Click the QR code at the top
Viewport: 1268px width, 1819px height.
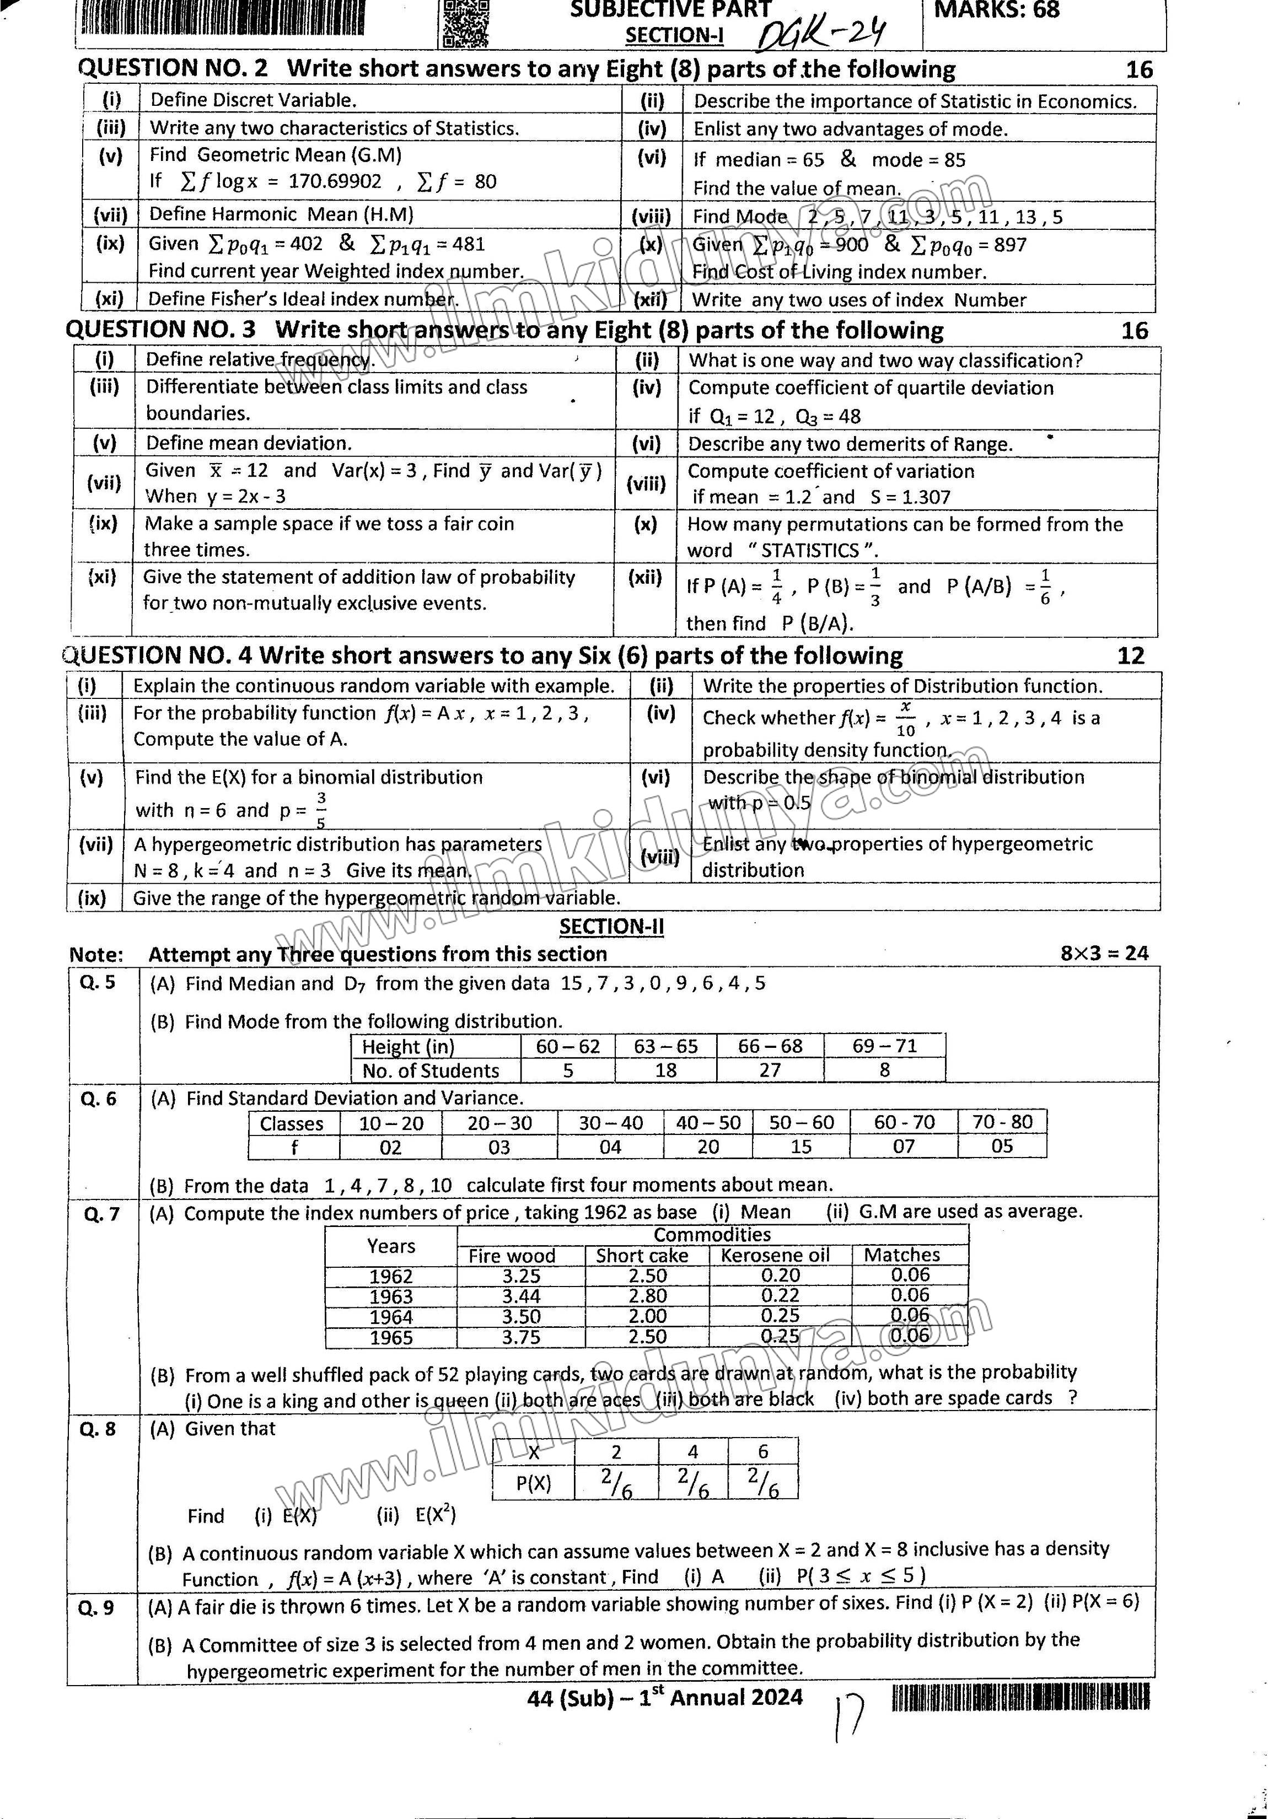coord(465,23)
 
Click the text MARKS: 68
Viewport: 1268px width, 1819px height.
coord(997,10)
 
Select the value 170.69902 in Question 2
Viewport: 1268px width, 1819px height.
coord(335,181)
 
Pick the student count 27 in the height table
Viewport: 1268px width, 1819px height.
coord(770,1070)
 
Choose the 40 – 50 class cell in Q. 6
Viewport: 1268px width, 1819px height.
coord(708,1123)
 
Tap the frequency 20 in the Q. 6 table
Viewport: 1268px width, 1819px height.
coord(708,1147)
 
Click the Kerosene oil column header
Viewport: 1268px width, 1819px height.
coord(774,1255)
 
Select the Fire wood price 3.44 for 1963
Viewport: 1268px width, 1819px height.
coord(520,1296)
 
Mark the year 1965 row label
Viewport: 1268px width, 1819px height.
coord(391,1337)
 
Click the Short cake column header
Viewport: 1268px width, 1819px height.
coord(642,1256)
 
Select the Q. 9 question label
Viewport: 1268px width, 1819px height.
coord(96,1607)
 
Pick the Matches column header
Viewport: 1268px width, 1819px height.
coord(902,1255)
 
